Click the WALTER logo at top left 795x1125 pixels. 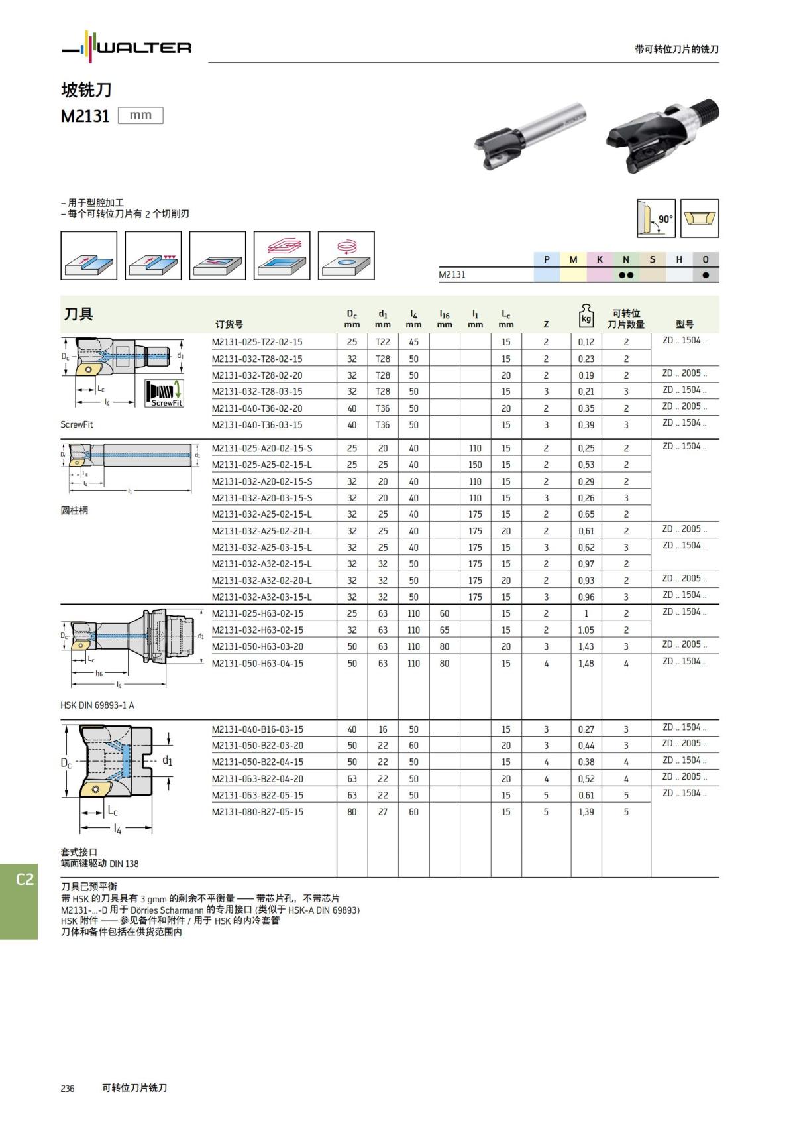tap(127, 47)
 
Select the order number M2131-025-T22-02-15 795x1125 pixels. tap(257, 342)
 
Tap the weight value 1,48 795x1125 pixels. tap(586, 663)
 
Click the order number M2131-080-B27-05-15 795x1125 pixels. tap(258, 811)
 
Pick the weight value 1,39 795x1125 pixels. tap(586, 811)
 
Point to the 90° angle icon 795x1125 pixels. tap(656, 218)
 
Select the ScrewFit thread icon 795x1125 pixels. tap(164, 393)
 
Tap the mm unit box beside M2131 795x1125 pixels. tap(140, 115)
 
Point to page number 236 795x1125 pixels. tap(68, 1088)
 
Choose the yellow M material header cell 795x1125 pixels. tap(573, 259)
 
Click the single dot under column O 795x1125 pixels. tap(706, 275)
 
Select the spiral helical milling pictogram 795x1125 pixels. tap(346, 255)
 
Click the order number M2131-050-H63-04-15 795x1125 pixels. tap(258, 663)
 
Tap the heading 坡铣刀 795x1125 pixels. tap(86, 89)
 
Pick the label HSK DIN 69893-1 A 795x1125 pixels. tap(97, 705)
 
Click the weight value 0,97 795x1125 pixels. tap(586, 563)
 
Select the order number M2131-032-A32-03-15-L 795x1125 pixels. tap(262, 597)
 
